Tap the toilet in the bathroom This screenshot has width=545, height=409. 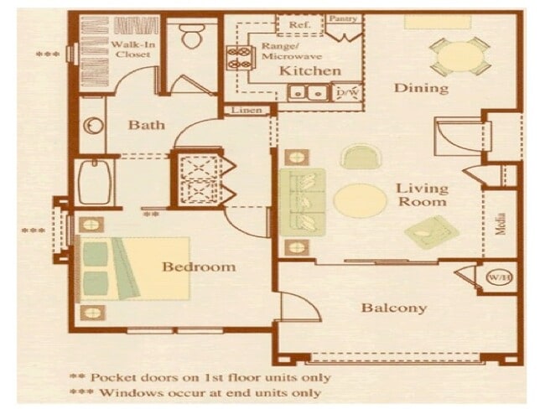(x=192, y=36)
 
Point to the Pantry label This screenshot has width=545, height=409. (x=343, y=18)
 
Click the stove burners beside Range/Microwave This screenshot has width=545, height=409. (x=236, y=57)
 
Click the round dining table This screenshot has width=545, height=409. (x=459, y=55)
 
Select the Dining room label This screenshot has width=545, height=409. (x=421, y=87)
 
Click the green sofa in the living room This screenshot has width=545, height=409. (x=302, y=201)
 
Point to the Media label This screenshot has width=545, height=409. (x=501, y=223)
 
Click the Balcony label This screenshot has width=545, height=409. (x=393, y=308)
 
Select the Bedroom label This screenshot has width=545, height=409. (x=199, y=267)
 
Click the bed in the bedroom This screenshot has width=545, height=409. (x=134, y=268)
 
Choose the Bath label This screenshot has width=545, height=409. (x=146, y=126)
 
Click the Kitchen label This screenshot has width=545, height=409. (x=310, y=71)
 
